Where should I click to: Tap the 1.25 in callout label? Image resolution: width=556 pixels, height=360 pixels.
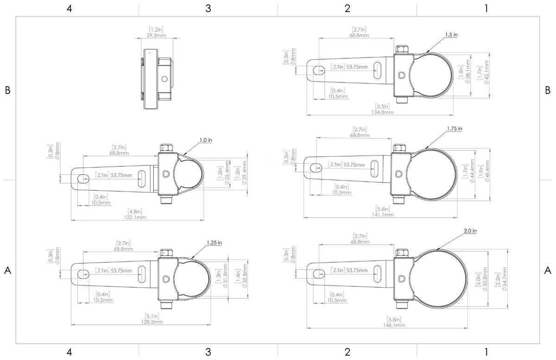tap(214, 242)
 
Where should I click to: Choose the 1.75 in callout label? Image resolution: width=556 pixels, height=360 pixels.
tap(455, 129)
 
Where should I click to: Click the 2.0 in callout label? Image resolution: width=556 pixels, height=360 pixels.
tap(469, 230)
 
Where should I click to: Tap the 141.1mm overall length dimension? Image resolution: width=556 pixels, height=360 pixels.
tap(383, 215)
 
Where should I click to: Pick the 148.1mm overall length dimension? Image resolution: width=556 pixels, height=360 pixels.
tap(394, 325)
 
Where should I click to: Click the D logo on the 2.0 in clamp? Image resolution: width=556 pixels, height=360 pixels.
tap(400, 279)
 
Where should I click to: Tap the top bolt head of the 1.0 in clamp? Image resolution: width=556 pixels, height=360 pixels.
tap(167, 148)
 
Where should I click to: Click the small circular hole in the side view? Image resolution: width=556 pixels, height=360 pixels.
tap(164, 79)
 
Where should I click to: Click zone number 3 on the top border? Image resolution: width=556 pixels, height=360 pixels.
tap(208, 8)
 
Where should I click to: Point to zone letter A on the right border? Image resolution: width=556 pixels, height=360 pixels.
tap(548, 270)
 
